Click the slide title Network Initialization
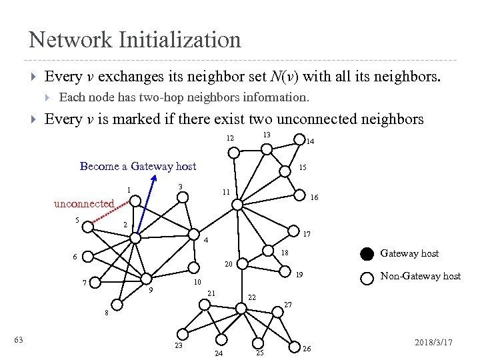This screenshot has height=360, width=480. point(135,39)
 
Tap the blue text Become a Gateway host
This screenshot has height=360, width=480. point(138,166)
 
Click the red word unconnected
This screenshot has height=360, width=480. point(84,203)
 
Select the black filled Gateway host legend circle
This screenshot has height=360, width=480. point(367,253)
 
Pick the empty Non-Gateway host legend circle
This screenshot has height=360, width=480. point(367,277)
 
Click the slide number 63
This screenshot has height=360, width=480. point(19,341)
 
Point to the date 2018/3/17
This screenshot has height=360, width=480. point(433,341)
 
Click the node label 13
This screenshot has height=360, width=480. point(266,135)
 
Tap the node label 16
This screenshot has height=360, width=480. point(314,198)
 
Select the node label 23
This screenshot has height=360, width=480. point(179,346)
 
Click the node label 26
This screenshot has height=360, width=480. point(307,349)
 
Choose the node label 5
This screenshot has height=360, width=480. point(77,220)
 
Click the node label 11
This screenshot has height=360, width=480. point(226,192)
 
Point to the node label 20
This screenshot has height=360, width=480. point(228,264)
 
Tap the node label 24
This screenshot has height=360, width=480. point(219,353)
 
